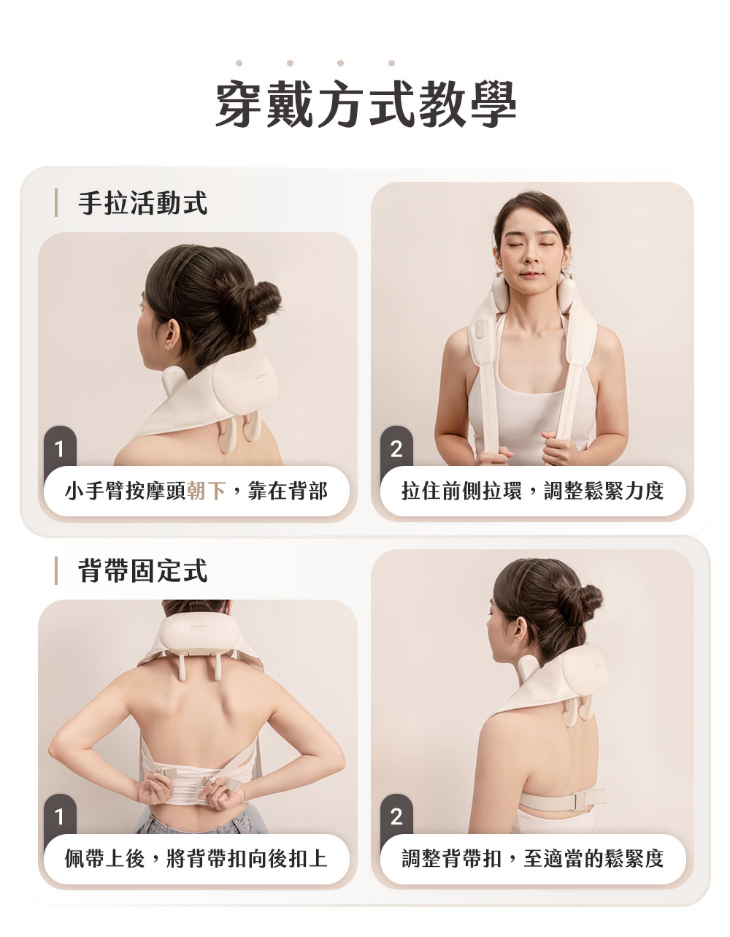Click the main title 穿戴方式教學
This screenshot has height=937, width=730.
tap(366, 104)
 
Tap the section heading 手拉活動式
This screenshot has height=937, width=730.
tap(143, 202)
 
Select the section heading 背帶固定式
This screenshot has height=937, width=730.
tap(143, 570)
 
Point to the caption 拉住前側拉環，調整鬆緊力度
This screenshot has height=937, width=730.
tap(533, 491)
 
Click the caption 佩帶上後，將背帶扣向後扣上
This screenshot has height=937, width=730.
tap(196, 858)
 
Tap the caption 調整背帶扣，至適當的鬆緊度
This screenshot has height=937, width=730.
tap(533, 858)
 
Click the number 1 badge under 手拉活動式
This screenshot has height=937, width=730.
tap(60, 447)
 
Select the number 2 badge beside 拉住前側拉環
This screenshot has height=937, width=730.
tap(396, 447)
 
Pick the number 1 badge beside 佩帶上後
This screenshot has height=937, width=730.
tap(60, 815)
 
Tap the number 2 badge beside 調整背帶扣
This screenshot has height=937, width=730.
tap(396, 815)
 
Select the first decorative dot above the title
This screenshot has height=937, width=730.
tap(239, 63)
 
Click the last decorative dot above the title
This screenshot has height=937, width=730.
tap(391, 63)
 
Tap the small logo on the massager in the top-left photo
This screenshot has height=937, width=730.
tap(261, 375)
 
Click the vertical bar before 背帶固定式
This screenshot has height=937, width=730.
tap(56, 570)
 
